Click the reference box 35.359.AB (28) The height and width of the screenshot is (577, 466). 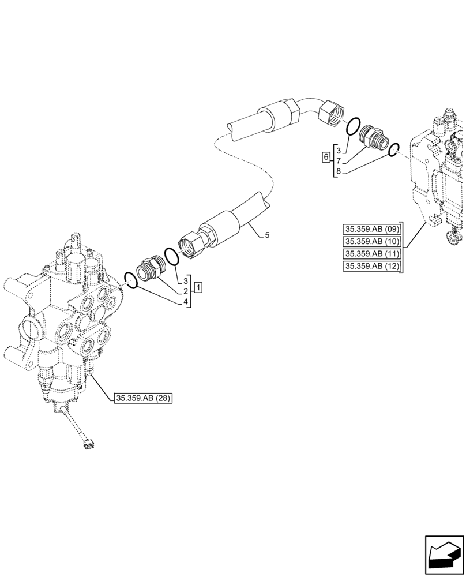[x=144, y=398]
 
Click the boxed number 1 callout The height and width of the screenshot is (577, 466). [x=198, y=287]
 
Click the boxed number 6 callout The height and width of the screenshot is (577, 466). [x=326, y=158]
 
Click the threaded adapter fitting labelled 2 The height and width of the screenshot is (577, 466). [x=152, y=268]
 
